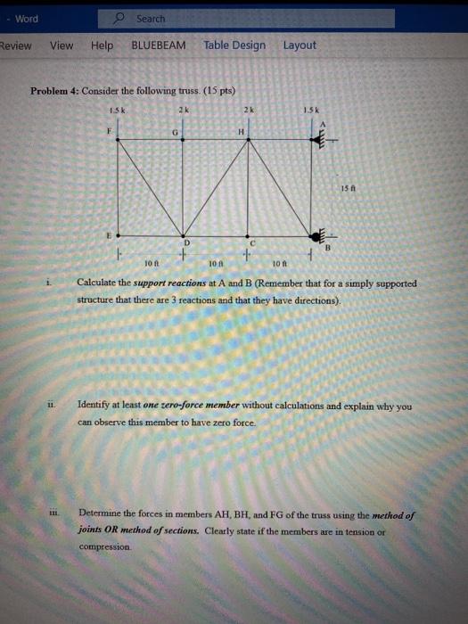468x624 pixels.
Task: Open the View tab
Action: (62, 45)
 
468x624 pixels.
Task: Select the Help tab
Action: (102, 45)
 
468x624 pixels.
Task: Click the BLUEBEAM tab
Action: (159, 45)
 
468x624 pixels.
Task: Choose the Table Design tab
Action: (234, 45)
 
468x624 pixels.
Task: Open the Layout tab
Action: (300, 45)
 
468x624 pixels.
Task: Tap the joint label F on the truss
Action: (111, 129)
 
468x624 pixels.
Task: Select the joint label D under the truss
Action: (187, 241)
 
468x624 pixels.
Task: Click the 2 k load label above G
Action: (182, 111)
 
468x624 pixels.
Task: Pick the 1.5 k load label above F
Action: (114, 111)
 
